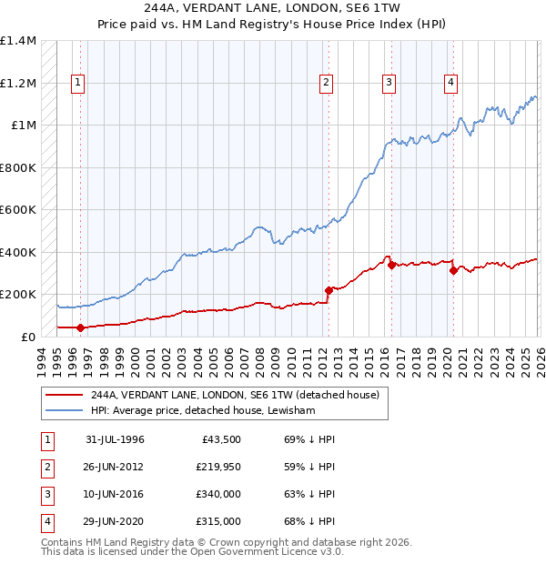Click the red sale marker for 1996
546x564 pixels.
(81, 327)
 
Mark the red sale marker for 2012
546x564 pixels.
(329, 290)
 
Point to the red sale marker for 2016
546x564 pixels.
(391, 266)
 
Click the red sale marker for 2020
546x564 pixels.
(453, 270)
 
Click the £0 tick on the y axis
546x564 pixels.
(27, 337)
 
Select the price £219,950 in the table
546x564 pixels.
(218, 467)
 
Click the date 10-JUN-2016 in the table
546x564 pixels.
(115, 494)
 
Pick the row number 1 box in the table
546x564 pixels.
(46, 439)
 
